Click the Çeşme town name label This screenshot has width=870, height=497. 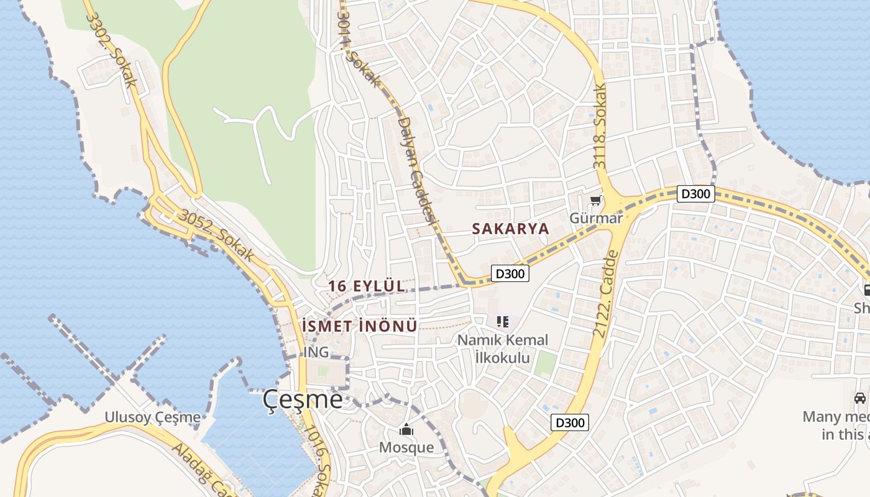pos(302,399)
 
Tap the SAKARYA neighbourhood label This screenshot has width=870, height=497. pos(510,229)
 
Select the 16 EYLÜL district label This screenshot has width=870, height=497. pos(366,286)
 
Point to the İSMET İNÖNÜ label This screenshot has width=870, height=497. pos(359,326)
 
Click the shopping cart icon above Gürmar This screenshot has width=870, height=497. pos(596,200)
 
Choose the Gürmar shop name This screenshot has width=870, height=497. pos(596,218)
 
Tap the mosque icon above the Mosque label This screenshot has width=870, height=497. pos(406,430)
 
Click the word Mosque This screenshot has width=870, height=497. pos(406,447)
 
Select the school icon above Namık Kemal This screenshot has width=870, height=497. pos(503,322)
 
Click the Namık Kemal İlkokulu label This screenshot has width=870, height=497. pos(503,349)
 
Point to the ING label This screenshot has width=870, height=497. pos(316,353)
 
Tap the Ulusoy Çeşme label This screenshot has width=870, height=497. pos(152,417)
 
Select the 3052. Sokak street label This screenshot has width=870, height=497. pos(216,235)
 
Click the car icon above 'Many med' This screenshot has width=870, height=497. pos(859,398)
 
